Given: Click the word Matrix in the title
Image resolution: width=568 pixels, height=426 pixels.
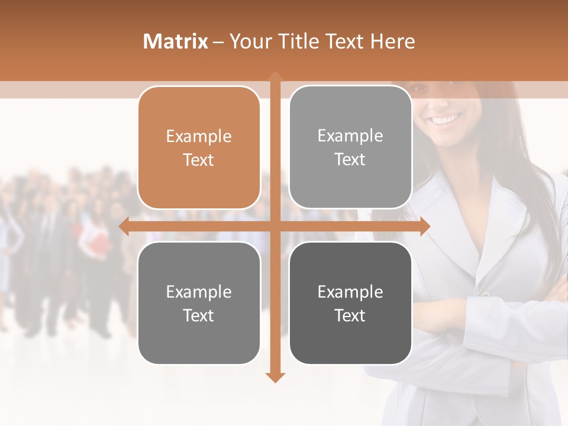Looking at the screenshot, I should pyautogui.click(x=176, y=41).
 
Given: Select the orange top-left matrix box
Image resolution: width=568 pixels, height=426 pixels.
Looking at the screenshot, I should pyautogui.click(x=199, y=148).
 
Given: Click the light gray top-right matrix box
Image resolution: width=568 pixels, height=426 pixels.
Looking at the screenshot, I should pyautogui.click(x=350, y=147).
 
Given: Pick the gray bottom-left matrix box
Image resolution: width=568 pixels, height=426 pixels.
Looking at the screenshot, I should pyautogui.click(x=199, y=304).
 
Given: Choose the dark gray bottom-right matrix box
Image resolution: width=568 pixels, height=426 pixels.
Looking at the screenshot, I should pyautogui.click(x=350, y=304).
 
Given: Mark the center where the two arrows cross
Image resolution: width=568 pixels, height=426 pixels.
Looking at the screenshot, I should pyautogui.click(x=275, y=227).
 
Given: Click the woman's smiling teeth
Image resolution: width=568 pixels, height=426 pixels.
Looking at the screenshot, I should pyautogui.click(x=447, y=120).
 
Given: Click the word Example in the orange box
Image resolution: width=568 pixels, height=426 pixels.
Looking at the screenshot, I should pyautogui.click(x=199, y=136).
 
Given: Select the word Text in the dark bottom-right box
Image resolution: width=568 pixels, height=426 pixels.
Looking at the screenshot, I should pyautogui.click(x=350, y=315).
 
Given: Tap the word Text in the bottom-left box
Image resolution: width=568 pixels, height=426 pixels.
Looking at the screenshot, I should pyautogui.click(x=199, y=315).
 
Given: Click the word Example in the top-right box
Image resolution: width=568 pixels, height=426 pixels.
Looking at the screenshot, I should pyautogui.click(x=350, y=135).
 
